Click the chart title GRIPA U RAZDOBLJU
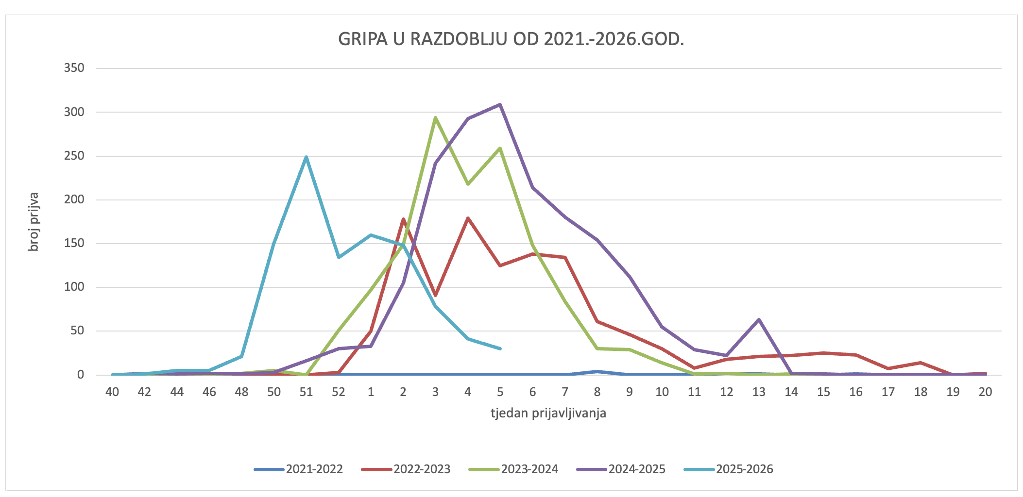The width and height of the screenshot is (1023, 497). click(511, 39)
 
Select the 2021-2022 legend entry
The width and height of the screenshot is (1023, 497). click(314, 469)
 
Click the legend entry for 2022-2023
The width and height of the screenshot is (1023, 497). click(422, 469)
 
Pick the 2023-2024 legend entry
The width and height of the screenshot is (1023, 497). click(529, 469)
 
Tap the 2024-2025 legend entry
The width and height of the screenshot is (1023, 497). click(637, 469)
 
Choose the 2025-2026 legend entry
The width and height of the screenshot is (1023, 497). click(744, 469)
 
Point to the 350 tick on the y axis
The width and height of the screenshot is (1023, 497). click(74, 68)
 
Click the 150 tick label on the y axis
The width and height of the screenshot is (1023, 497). click(74, 243)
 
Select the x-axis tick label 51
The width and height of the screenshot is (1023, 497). click(306, 392)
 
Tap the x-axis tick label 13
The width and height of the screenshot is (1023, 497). click(759, 392)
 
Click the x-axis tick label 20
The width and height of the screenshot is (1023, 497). click(985, 392)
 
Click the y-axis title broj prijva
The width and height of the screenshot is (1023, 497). click(33, 222)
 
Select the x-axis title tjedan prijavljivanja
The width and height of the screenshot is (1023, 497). click(548, 413)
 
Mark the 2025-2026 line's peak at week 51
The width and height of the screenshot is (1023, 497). click(306, 157)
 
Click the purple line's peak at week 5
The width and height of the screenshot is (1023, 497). click(500, 104)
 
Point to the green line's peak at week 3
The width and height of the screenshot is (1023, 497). click(435, 117)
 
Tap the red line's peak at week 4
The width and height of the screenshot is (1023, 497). click(468, 218)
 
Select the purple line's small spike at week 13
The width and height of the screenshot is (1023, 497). click(759, 319)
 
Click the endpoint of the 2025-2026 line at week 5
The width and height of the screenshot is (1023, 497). click(500, 348)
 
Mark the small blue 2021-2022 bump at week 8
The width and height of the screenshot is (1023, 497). click(597, 371)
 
